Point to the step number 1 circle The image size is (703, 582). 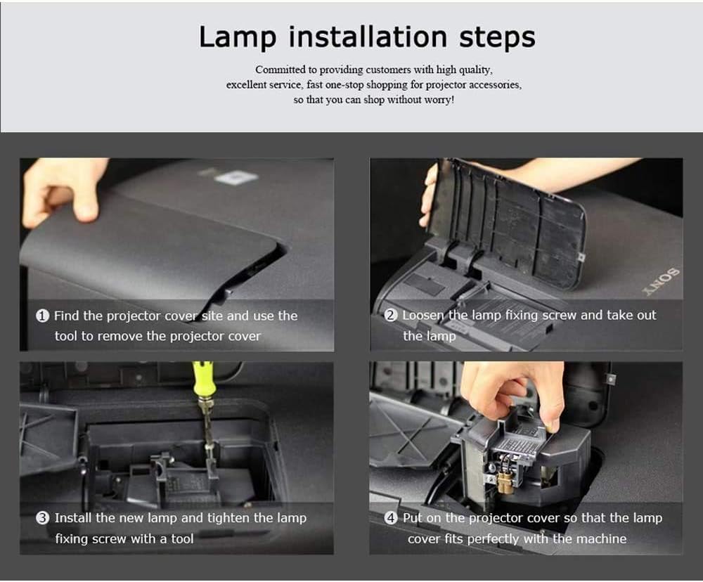point(42,316)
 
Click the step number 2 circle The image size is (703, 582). point(391,316)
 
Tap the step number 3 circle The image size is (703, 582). point(42,518)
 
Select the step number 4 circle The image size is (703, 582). point(391,518)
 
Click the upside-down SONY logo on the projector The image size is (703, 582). point(668,280)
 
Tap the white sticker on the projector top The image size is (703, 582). point(236,176)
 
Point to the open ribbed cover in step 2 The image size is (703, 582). point(513,218)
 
